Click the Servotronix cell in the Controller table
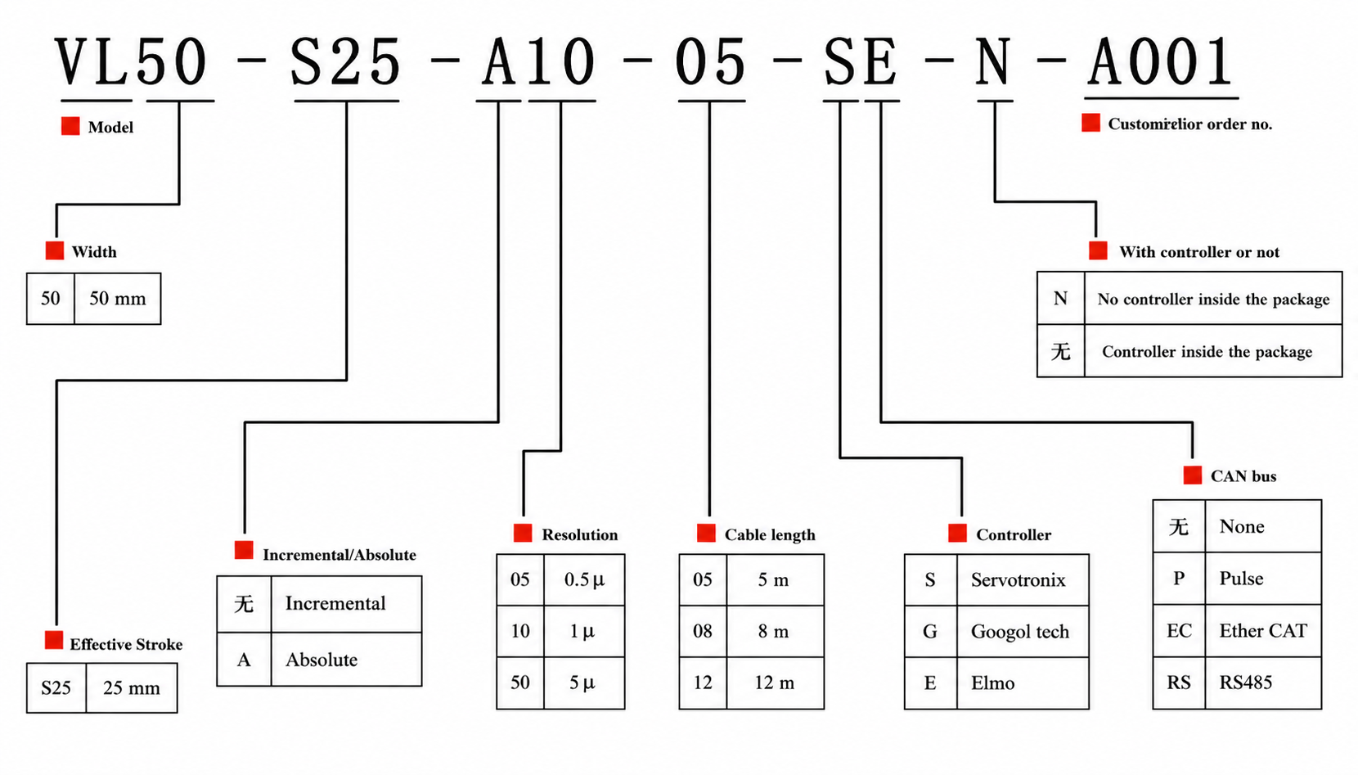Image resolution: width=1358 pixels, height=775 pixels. tap(1019, 580)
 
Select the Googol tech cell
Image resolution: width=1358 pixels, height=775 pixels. tap(1020, 632)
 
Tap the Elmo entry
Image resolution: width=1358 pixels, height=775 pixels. tap(993, 683)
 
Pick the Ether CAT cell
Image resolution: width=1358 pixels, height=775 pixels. tap(1263, 631)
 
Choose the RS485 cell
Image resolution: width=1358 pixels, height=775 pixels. tap(1246, 683)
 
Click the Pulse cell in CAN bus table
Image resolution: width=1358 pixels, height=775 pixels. tap(1242, 579)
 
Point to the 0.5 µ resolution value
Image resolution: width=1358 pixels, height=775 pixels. tap(584, 580)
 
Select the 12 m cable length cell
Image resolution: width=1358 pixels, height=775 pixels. tap(774, 683)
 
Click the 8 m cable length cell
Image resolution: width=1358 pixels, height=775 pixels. tap(773, 632)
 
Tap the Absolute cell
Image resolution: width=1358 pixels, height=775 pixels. tap(322, 660)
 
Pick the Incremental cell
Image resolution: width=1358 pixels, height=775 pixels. tap(335, 604)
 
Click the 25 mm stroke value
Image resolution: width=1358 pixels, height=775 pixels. tap(132, 688)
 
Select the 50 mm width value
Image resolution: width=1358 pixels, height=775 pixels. tap(118, 299)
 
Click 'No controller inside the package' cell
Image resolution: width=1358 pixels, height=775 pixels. tap(1213, 300)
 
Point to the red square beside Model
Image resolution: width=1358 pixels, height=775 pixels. tap(70, 126)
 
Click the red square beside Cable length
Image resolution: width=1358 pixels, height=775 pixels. tap(706, 534)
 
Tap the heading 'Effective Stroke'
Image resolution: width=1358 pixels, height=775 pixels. tap(126, 645)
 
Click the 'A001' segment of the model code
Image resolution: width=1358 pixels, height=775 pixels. tap(1161, 62)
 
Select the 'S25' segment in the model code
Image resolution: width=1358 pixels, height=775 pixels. tap(346, 62)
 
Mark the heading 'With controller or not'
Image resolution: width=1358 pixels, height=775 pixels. tap(1199, 253)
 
